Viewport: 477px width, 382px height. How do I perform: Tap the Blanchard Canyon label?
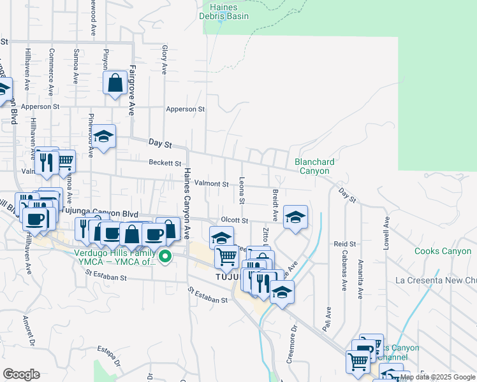click(314, 166)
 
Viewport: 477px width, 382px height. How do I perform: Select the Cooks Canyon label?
click(443, 251)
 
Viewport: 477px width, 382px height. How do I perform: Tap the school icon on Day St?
click(103, 136)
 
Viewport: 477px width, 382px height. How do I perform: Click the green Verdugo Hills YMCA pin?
click(165, 257)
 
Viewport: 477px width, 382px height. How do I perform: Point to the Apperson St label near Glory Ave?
click(185, 110)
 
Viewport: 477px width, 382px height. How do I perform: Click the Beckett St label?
click(165, 163)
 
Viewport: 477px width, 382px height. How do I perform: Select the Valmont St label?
click(211, 184)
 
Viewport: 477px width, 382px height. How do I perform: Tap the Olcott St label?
click(234, 220)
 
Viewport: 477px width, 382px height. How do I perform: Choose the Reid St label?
click(344, 244)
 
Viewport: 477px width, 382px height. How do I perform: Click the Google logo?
click(21, 374)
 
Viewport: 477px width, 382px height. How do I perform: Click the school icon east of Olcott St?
click(295, 216)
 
